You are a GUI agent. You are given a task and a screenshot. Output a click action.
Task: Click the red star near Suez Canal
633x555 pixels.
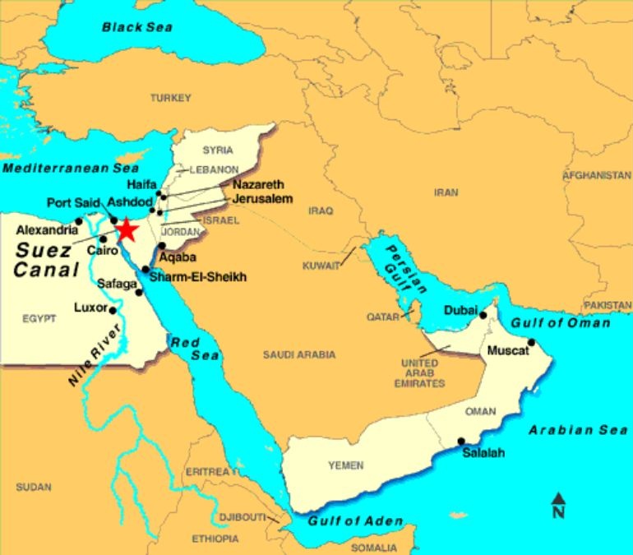coord(126,229)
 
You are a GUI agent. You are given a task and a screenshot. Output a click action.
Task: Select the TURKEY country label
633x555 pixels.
coord(170,98)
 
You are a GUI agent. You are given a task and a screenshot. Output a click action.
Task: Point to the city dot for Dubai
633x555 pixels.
coord(483,314)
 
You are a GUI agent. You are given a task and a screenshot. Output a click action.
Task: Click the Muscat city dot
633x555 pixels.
coord(531,342)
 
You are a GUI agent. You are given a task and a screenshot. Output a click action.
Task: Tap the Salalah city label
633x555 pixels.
coord(483,453)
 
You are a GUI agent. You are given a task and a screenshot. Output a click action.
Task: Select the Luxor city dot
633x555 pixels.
coord(113,310)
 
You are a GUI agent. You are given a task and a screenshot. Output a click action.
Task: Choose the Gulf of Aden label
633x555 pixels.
coord(355,521)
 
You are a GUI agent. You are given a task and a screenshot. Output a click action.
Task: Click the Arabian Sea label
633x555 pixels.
coord(578,430)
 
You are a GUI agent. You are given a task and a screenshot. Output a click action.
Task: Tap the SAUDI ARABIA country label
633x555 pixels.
coord(299,354)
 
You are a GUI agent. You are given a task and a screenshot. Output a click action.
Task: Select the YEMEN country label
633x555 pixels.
coord(345,465)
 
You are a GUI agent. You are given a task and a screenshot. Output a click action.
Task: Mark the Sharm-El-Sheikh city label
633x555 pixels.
coord(198,277)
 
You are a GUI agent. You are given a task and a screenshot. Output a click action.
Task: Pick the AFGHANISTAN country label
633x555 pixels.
coord(596,175)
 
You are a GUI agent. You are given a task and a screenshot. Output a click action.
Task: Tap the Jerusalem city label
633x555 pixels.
coord(262,199)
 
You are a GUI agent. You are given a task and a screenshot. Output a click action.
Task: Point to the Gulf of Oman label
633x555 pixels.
coord(561,323)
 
